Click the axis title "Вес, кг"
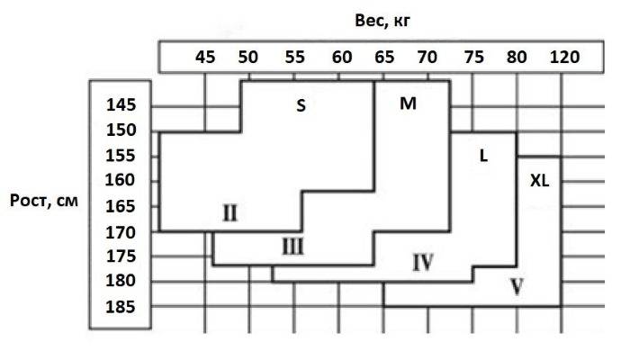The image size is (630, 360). click(x=382, y=21)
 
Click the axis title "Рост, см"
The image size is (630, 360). click(x=44, y=201)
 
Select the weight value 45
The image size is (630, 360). click(x=205, y=57)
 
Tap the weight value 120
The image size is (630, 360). click(x=564, y=57)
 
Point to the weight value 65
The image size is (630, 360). click(x=384, y=57)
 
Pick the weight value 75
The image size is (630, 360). click(x=473, y=57)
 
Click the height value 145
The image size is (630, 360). click(x=121, y=105)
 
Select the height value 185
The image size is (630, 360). click(x=121, y=307)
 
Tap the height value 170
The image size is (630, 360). click(x=121, y=232)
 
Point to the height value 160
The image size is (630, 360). click(x=120, y=180)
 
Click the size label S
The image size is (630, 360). click(x=301, y=105)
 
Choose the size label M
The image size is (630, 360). click(x=408, y=103)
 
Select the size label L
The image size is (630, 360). click(x=484, y=156)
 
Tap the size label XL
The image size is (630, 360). click(x=540, y=181)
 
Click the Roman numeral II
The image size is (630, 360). click(x=230, y=213)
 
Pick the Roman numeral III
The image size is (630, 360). click(x=292, y=247)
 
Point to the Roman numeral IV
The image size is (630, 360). click(x=423, y=263)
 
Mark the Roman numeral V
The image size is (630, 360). click(x=517, y=287)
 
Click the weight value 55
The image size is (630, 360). click(x=295, y=57)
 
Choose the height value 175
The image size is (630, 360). click(x=121, y=256)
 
